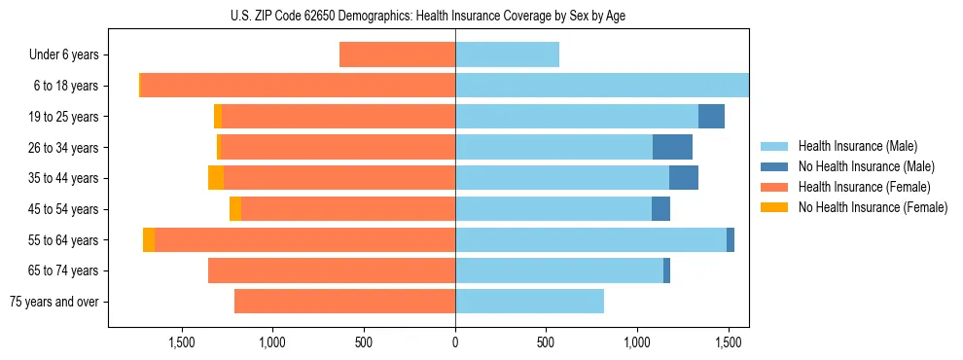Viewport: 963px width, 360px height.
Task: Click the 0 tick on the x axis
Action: coord(455,342)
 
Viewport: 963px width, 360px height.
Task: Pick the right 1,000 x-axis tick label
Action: coord(637,342)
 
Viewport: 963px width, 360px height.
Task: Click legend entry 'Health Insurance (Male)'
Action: coord(857,146)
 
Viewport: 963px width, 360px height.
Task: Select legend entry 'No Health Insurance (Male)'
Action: coord(866,166)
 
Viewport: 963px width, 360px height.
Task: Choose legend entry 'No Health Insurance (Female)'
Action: coord(873,207)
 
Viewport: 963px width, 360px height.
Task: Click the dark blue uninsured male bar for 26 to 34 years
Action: coord(672,147)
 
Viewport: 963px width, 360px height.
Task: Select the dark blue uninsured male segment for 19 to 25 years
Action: coord(711,116)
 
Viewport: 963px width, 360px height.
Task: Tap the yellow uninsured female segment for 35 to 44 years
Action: coord(216,178)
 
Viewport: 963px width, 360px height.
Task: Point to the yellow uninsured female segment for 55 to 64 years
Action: coord(149,239)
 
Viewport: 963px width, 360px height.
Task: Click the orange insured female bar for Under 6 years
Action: coord(397,54)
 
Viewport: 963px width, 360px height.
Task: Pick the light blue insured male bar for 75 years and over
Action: coord(529,302)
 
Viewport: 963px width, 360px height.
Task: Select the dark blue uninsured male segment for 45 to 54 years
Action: coord(660,208)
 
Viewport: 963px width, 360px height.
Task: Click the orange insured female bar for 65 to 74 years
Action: coord(332,270)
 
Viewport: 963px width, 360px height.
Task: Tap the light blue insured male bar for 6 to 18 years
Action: coord(601,86)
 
